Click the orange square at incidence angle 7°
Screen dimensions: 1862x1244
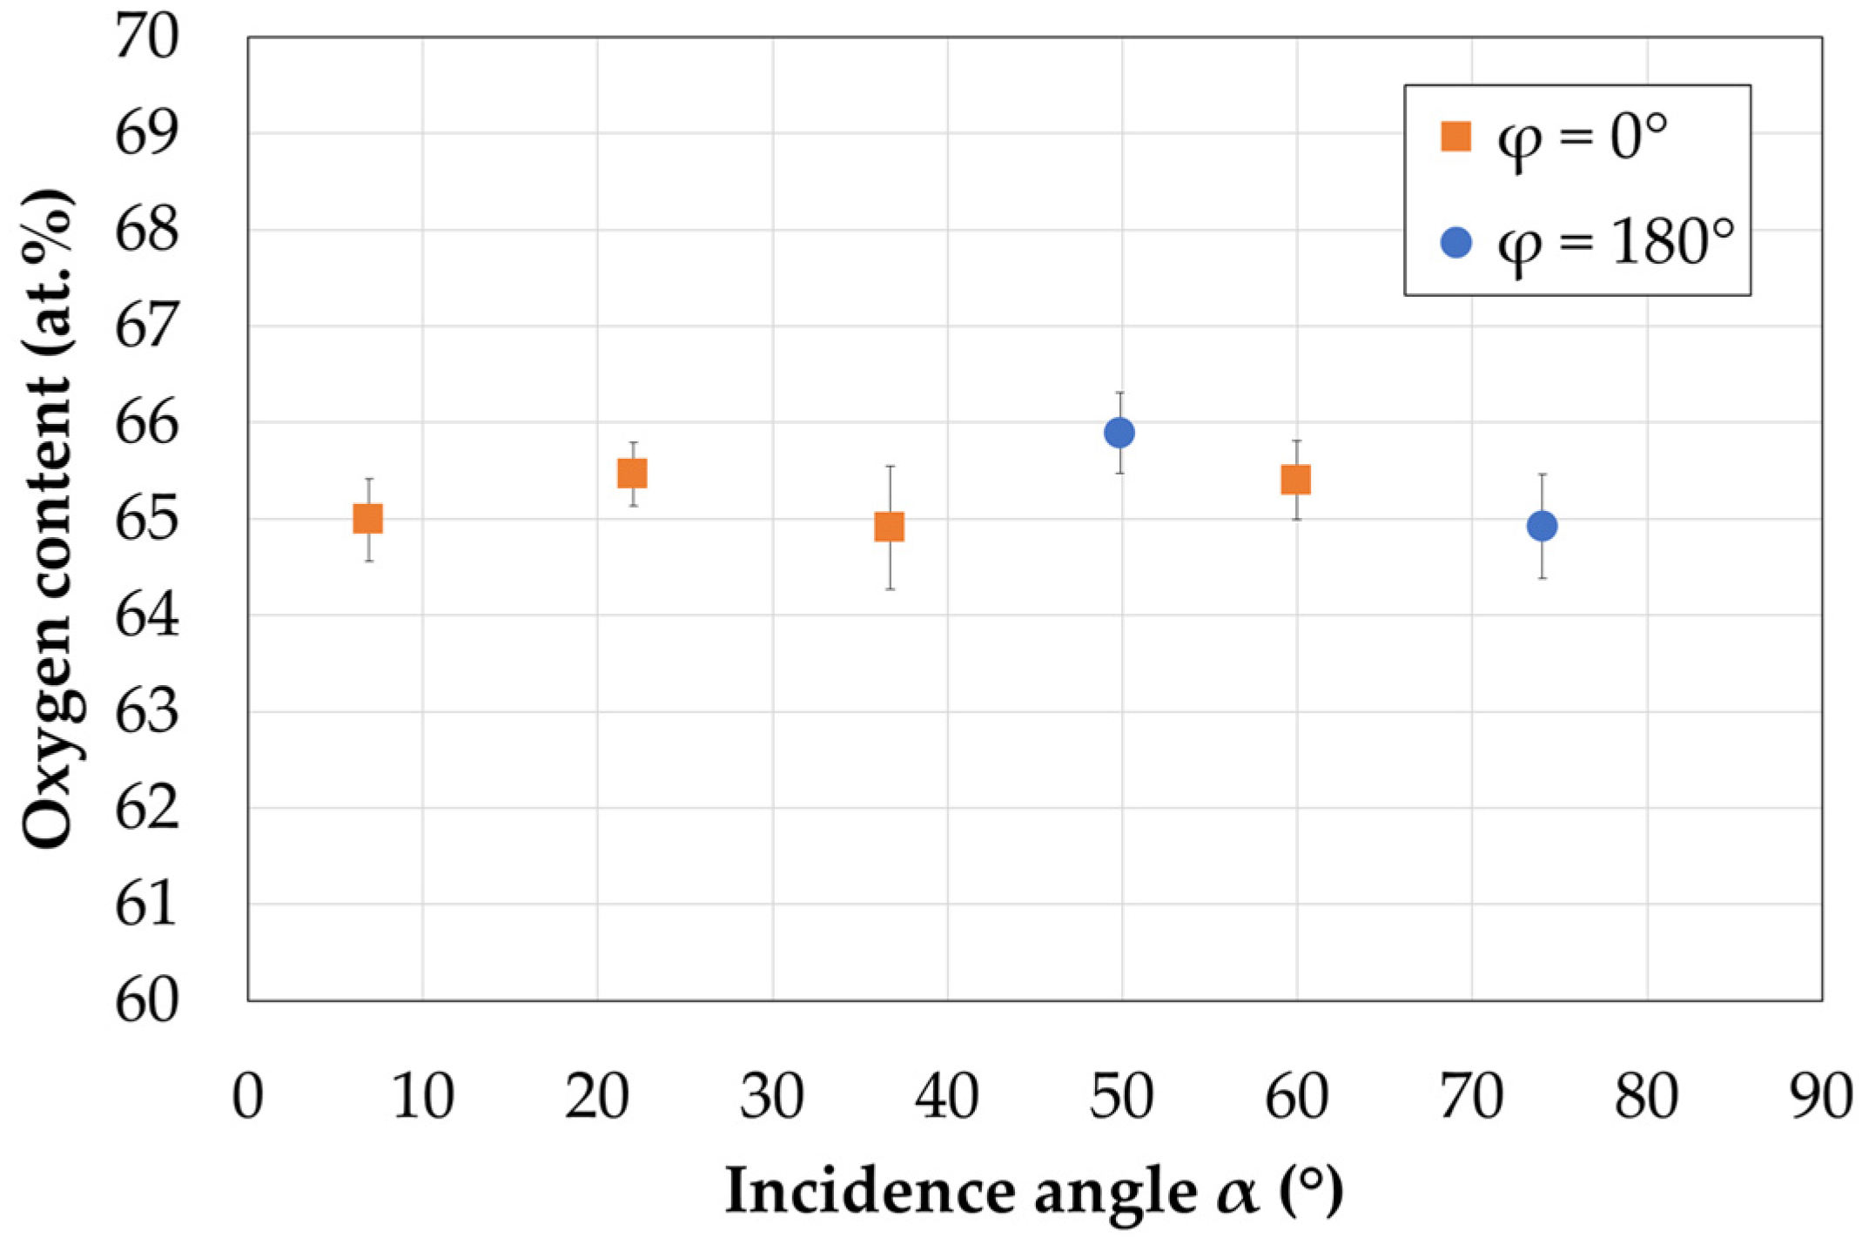coord(368,519)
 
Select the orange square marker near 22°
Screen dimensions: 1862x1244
coord(632,474)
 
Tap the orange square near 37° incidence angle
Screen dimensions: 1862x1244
coord(889,527)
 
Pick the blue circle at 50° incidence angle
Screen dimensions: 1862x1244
coord(1119,433)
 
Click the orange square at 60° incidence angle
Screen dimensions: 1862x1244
coord(1296,480)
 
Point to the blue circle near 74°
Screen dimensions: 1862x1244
coord(1542,526)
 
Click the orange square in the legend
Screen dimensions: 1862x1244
coord(1455,137)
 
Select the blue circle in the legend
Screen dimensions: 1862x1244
coord(1456,242)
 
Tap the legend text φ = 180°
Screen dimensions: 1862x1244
coord(1616,244)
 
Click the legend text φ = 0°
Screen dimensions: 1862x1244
coord(1583,139)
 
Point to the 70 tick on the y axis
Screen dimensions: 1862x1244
coord(146,37)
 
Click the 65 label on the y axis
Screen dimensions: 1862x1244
coord(146,520)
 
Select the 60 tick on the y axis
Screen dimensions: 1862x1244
coord(146,1001)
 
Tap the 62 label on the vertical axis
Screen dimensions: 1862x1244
coord(146,809)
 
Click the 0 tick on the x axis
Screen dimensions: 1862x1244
coord(248,1097)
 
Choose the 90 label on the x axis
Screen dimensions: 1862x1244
coord(1821,1097)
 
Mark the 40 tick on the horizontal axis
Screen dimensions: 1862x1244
coord(947,1097)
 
